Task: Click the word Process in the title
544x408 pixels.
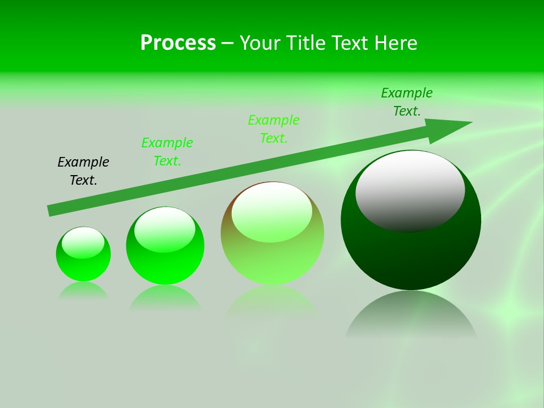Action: tap(178, 43)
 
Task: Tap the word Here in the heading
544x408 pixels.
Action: tap(396, 43)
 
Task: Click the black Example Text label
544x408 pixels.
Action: tap(83, 171)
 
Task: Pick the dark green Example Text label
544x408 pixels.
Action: tap(407, 102)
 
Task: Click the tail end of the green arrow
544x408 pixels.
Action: tap(53, 210)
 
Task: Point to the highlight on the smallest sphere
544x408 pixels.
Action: tap(83, 243)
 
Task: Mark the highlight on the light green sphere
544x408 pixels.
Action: tap(272, 211)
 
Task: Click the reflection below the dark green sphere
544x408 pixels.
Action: tap(411, 314)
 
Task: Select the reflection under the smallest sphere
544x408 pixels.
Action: tap(83, 290)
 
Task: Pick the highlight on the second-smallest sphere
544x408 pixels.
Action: tap(165, 228)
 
